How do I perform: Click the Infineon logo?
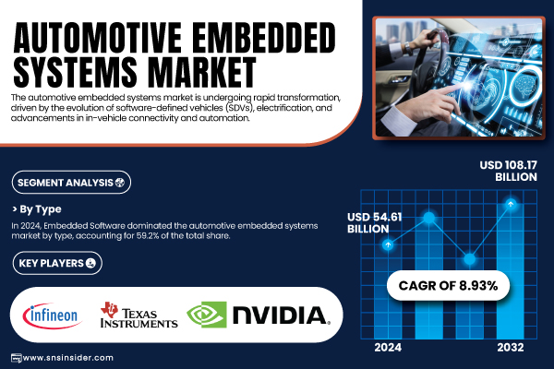coord(53,315)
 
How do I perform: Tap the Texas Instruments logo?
coord(138,315)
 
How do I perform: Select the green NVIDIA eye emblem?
coord(207,315)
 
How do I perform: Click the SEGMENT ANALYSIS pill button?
coord(71,183)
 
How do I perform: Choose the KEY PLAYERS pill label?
coord(57,263)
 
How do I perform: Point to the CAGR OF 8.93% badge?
coord(448,285)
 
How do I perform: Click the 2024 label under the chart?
coord(388,348)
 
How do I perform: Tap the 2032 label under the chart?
coord(511,348)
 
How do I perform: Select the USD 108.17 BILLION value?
coord(508,171)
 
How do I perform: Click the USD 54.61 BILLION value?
coord(375,223)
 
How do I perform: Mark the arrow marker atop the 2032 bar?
coord(511,204)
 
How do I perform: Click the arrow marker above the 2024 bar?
coord(388,244)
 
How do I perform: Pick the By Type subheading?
coord(37,209)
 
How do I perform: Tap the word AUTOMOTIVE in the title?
coord(98,38)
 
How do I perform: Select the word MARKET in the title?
coord(201,72)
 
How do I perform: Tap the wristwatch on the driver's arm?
coord(408,47)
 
